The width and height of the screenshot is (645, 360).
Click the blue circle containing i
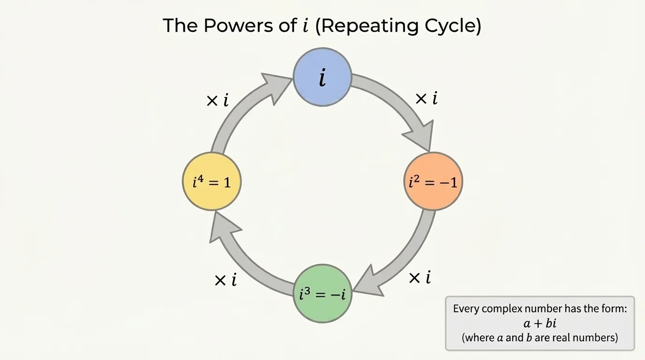322,77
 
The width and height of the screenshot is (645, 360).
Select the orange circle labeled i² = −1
433,181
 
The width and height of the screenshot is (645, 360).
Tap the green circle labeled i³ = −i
322,293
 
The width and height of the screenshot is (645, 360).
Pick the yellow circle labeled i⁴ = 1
211,181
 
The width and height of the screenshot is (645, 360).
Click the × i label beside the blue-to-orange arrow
426,98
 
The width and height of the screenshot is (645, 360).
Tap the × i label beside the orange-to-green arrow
420,278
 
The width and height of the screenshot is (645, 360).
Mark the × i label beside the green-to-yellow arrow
225,280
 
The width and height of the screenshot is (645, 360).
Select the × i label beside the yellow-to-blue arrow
217,100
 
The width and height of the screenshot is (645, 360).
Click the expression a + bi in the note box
540,323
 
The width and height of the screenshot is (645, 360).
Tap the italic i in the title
306,26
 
